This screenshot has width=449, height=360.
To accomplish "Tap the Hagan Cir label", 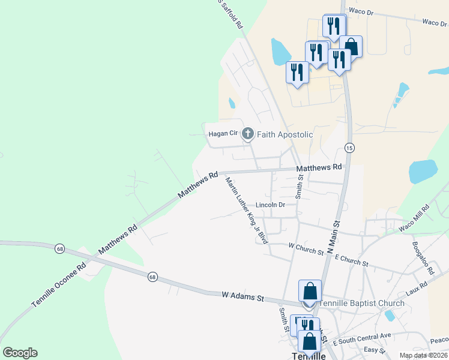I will (x=223, y=134).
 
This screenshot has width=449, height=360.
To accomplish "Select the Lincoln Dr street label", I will (x=270, y=205).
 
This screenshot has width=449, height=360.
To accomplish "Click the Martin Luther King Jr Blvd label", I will (x=246, y=210).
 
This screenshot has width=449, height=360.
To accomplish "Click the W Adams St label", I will (x=243, y=296).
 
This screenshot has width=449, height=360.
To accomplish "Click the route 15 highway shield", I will (x=349, y=148).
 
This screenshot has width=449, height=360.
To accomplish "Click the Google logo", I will (x=20, y=353).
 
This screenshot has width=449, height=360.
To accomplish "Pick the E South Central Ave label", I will (x=365, y=335).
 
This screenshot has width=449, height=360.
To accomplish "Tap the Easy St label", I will (x=374, y=350).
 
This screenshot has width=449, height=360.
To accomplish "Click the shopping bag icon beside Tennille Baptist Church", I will (x=310, y=292).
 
